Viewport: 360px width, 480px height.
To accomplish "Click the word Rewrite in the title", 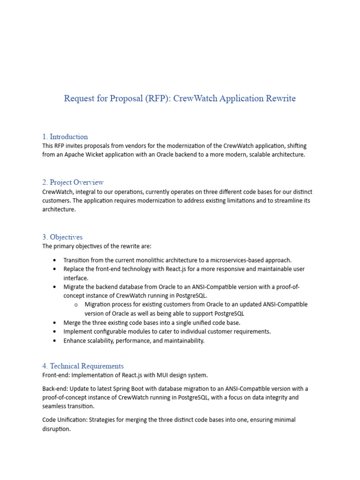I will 280,98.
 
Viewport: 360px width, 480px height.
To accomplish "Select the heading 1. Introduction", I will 65,137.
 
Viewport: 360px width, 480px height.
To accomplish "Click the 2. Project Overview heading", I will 73,182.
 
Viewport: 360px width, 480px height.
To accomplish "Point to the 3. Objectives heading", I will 62,237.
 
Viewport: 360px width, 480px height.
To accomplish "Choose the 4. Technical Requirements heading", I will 83,366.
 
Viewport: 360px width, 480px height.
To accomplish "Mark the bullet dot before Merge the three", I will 55,322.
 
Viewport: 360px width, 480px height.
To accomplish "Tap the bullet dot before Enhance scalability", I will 55,341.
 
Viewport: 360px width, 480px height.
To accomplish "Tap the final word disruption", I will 56,429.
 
